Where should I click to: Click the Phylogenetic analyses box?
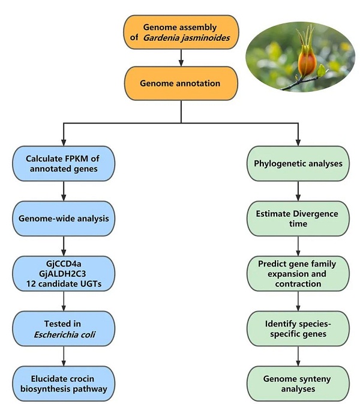(x=298, y=164)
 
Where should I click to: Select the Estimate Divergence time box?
(x=298, y=219)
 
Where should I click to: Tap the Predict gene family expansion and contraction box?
(x=298, y=273)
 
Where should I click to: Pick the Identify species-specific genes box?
(x=298, y=328)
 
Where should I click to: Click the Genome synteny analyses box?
(x=298, y=383)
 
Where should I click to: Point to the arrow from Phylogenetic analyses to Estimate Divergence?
(x=298, y=191)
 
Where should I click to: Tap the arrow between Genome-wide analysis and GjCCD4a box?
(x=63, y=246)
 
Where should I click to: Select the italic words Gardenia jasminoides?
(x=188, y=38)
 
